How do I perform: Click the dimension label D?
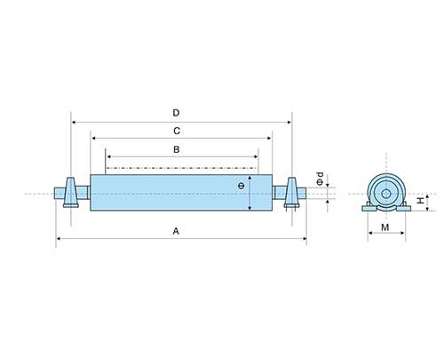pyautogui.click(x=176, y=113)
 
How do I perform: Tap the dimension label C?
pyautogui.click(x=177, y=131)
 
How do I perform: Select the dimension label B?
pyautogui.click(x=177, y=149)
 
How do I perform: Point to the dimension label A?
pyautogui.click(x=176, y=231)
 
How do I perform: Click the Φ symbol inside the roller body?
pyautogui.click(x=242, y=186)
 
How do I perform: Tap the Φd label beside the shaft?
pyautogui.click(x=320, y=179)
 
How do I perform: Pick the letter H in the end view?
pyautogui.click(x=421, y=201)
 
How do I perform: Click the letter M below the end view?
pyautogui.click(x=385, y=228)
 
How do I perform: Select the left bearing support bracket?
pyautogui.click(x=71, y=192)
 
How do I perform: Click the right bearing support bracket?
pyautogui.click(x=292, y=192)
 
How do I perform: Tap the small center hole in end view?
pyautogui.click(x=386, y=194)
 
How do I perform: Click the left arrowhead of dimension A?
pyautogui.click(x=59, y=238)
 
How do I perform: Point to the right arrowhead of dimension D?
pyautogui.click(x=289, y=122)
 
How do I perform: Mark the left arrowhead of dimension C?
pyautogui.click(x=93, y=138)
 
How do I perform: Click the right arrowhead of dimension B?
pyautogui.click(x=256, y=156)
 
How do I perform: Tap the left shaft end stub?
pyautogui.click(x=59, y=193)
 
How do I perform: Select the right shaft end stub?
pyautogui.click(x=302, y=193)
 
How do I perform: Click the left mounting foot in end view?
pyautogui.click(x=369, y=208)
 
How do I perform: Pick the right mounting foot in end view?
pyautogui.click(x=403, y=208)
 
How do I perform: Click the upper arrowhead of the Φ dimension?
pyautogui.click(x=250, y=178)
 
